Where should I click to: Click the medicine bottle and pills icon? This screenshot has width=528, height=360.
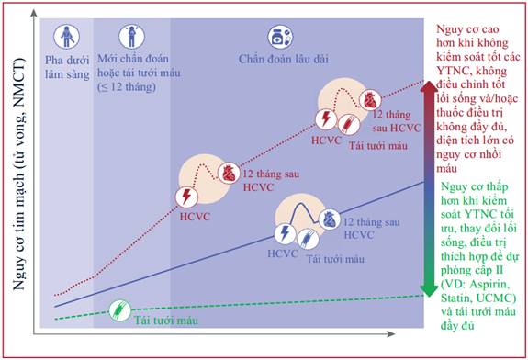[280, 37]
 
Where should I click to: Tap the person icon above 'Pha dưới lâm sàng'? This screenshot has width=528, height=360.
[67, 37]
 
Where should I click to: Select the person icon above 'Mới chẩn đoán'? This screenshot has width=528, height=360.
[131, 37]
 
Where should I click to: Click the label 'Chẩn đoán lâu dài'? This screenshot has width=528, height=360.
[283, 60]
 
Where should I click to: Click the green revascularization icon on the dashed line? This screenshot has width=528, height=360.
[120, 310]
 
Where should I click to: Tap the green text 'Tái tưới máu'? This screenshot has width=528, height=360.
[166, 321]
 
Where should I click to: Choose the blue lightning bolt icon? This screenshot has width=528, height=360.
[285, 233]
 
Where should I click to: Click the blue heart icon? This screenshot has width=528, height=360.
[329, 219]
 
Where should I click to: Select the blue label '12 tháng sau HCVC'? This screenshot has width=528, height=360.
[371, 229]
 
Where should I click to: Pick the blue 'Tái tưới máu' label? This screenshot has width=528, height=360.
[335, 259]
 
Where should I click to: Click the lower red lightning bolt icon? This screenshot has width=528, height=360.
[186, 197]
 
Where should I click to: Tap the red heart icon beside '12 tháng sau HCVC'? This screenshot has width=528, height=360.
[229, 173]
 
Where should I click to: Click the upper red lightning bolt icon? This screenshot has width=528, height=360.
[326, 118]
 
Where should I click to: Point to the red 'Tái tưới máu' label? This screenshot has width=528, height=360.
[377, 146]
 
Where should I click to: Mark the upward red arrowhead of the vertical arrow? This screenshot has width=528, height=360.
[429, 87]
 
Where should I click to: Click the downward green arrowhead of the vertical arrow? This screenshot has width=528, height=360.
[429, 289]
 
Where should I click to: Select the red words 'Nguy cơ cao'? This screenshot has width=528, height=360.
[467, 29]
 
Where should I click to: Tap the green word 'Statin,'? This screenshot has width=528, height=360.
[455, 298]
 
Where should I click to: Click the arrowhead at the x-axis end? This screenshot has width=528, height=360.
[391, 334]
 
